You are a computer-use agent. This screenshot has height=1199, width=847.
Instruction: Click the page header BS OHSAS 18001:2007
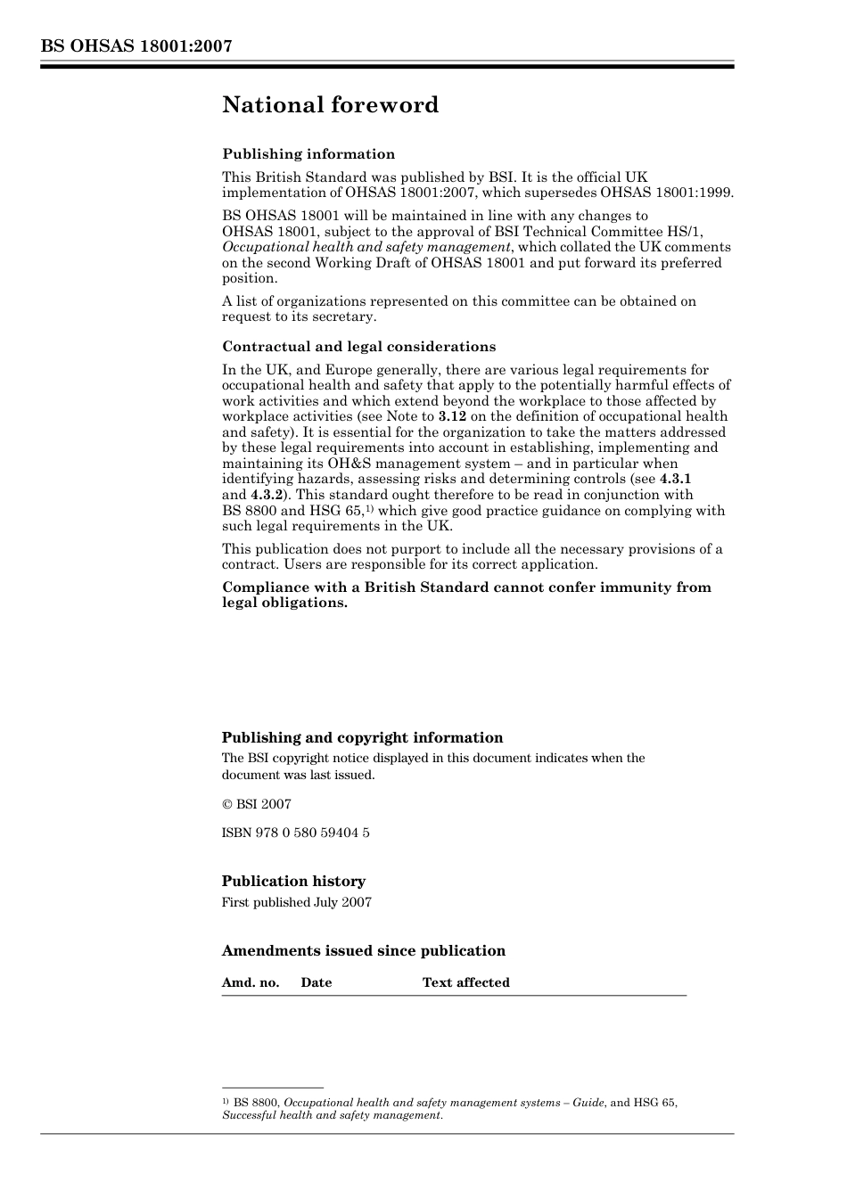(x=136, y=46)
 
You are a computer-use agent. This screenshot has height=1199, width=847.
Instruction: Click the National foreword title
(x=330, y=105)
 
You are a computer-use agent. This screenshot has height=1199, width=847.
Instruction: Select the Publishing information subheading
(x=308, y=154)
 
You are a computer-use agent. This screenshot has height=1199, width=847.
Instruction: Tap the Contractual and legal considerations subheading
(x=358, y=347)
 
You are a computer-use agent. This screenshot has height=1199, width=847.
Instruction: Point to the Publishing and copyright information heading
(x=362, y=738)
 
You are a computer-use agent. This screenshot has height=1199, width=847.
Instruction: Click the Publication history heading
(x=293, y=882)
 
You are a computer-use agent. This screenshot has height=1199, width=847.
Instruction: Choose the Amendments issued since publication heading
(x=363, y=951)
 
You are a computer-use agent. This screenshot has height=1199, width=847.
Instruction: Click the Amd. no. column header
(x=251, y=982)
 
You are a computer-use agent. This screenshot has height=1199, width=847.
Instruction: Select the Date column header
(x=316, y=982)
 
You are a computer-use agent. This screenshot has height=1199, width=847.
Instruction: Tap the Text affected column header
(x=465, y=982)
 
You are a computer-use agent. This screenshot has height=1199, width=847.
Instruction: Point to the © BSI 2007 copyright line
(x=257, y=804)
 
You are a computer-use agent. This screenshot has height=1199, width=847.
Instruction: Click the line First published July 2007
(x=296, y=902)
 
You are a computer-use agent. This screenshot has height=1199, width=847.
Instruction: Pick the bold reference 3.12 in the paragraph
(x=452, y=416)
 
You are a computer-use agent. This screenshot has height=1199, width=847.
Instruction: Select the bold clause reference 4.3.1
(x=675, y=480)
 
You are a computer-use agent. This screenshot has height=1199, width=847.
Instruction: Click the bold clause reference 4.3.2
(x=267, y=495)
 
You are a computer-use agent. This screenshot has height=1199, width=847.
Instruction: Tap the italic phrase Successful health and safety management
(x=332, y=1115)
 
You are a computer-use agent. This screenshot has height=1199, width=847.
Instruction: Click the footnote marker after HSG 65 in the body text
(x=369, y=508)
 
